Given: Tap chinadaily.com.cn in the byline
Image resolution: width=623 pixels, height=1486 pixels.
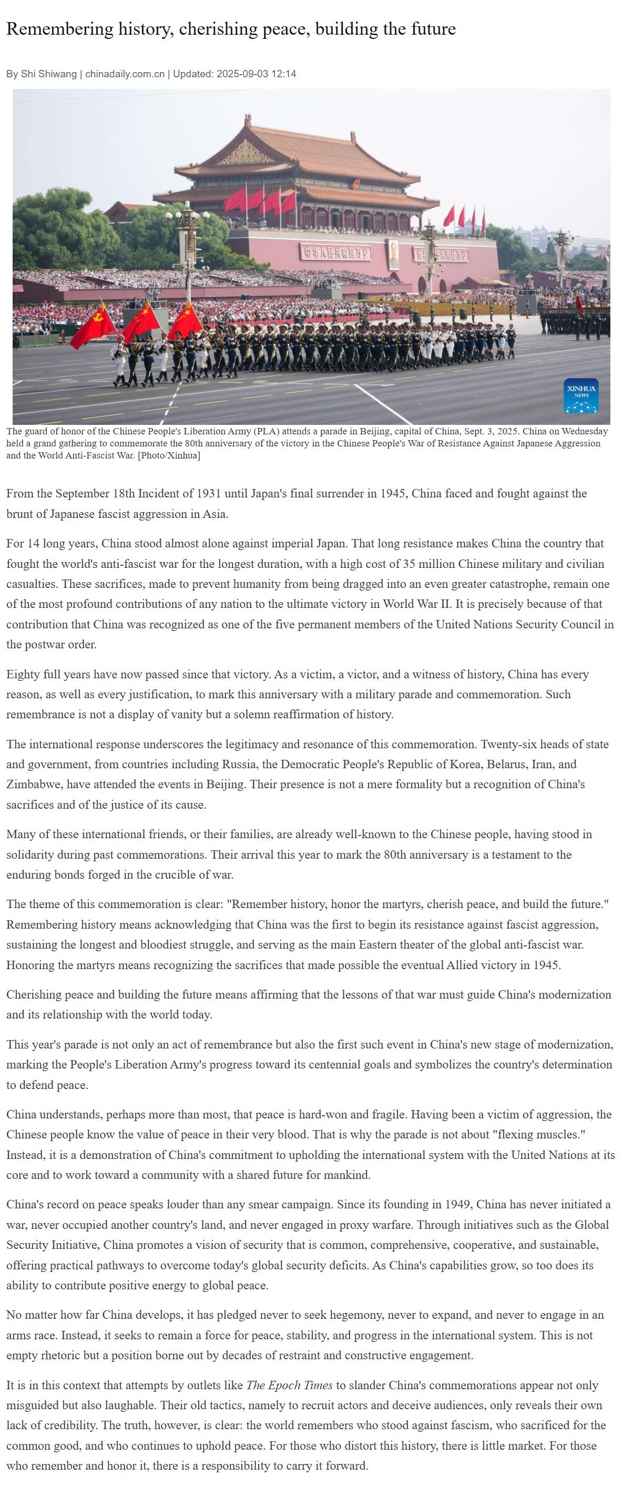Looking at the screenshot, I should click(125, 74).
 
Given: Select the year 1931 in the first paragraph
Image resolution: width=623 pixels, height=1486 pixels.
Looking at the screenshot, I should click(209, 494).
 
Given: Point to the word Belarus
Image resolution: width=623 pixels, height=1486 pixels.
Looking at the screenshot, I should click(508, 765).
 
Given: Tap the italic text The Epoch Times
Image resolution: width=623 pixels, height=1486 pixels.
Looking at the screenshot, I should click(290, 1386).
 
